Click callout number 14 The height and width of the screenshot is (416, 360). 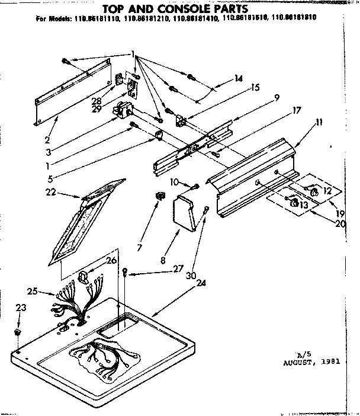pos(239,77)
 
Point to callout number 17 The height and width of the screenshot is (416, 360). pos(296,110)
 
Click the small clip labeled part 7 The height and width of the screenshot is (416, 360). pos(158,196)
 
